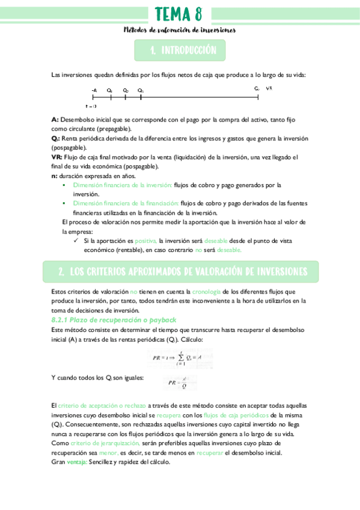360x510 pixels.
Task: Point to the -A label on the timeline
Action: point(94,90)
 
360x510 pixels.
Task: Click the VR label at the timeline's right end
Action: point(269,88)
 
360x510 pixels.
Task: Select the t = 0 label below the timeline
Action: point(92,105)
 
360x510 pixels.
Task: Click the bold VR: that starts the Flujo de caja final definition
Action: point(58,158)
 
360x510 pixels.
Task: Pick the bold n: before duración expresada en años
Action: point(55,176)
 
